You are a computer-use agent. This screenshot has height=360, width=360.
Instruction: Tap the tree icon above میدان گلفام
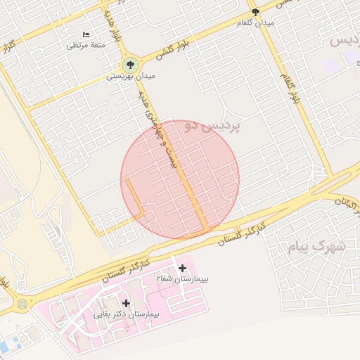(255, 12)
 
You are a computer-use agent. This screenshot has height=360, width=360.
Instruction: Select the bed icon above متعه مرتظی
(86, 34)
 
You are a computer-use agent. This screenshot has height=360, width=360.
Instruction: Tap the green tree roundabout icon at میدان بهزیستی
(127, 64)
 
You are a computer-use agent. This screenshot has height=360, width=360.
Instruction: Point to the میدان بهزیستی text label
(131, 75)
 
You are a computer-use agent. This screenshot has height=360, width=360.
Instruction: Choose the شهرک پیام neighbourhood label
(316, 246)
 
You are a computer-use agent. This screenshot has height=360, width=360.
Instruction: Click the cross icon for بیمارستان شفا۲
(183, 268)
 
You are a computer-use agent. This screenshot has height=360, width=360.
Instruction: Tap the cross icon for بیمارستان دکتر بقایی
(127, 303)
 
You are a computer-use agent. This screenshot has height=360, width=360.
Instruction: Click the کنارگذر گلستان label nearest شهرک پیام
(242, 233)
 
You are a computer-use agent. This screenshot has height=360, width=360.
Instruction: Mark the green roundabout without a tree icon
(22, 304)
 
